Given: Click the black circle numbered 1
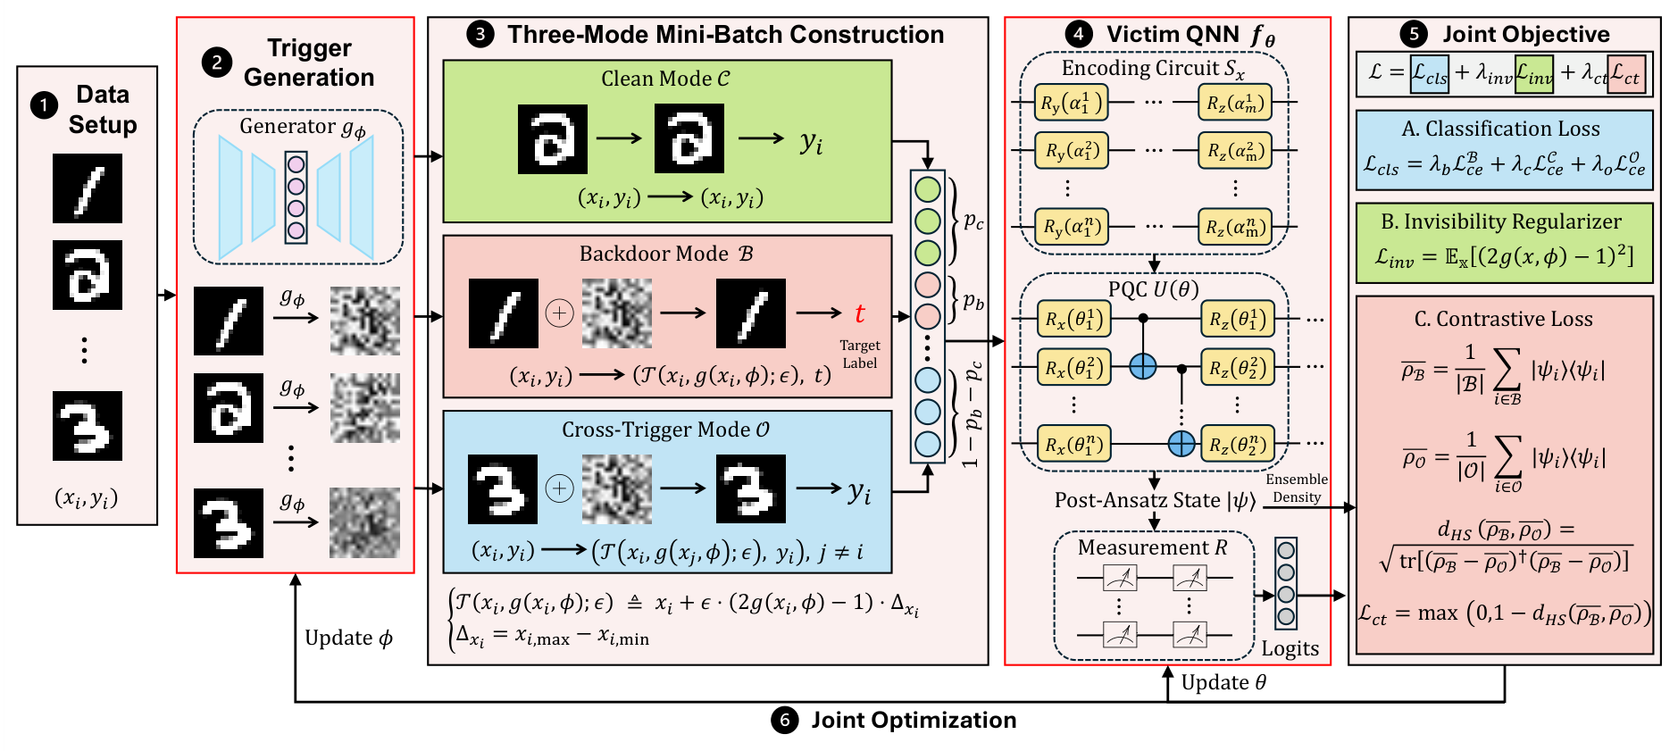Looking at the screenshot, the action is tap(44, 106).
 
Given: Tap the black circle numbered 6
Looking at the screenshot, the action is tap(785, 720).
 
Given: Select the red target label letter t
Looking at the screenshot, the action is tap(860, 313).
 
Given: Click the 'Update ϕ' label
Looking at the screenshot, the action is tap(348, 638).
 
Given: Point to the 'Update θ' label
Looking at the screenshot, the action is tap(1223, 682).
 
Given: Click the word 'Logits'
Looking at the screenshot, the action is tap(1290, 648).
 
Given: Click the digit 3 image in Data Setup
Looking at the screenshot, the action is tap(88, 426).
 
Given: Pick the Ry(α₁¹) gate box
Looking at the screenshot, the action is tap(1071, 103).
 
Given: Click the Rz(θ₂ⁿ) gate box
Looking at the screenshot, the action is tap(1237, 444).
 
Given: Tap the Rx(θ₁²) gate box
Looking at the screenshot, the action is tap(1073, 367).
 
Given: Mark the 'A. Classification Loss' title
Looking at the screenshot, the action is tap(1501, 129).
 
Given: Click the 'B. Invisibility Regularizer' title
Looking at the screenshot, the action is tap(1501, 221).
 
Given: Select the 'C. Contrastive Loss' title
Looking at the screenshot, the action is tap(1504, 319).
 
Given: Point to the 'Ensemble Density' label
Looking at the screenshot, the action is tap(1297, 488).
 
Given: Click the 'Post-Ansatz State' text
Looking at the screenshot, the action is tap(1137, 500).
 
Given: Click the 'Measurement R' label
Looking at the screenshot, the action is tap(1152, 547).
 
